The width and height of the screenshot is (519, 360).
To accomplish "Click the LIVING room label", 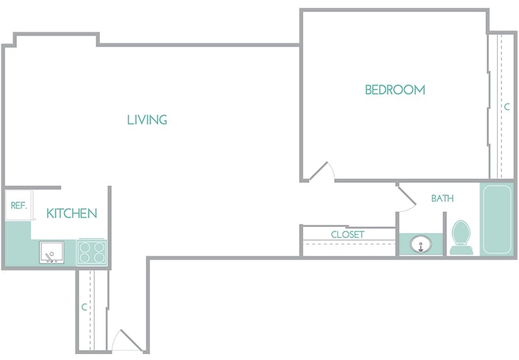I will coord(147,119).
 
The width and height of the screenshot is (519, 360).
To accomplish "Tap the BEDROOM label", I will coord(395,90).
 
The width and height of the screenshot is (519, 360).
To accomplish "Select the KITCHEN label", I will coord(71,213).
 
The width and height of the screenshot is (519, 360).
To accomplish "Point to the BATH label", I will coord(442,198).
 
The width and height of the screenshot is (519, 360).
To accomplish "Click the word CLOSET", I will coord(348,234).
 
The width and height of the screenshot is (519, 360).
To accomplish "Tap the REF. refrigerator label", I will coord(18,206).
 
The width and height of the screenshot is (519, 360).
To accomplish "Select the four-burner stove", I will coord(91,252).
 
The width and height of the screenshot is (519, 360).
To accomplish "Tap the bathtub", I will coord(496,219).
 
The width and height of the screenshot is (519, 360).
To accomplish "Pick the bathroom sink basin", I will coord(421,245).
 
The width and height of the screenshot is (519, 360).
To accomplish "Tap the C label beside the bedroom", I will coord(507,106).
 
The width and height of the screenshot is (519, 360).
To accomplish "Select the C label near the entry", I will coord(84,307).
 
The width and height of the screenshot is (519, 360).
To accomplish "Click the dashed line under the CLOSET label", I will coord(348,243).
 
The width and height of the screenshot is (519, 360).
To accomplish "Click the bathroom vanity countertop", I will coord(405,245).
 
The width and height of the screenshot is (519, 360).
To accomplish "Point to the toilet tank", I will coord(461,249).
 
